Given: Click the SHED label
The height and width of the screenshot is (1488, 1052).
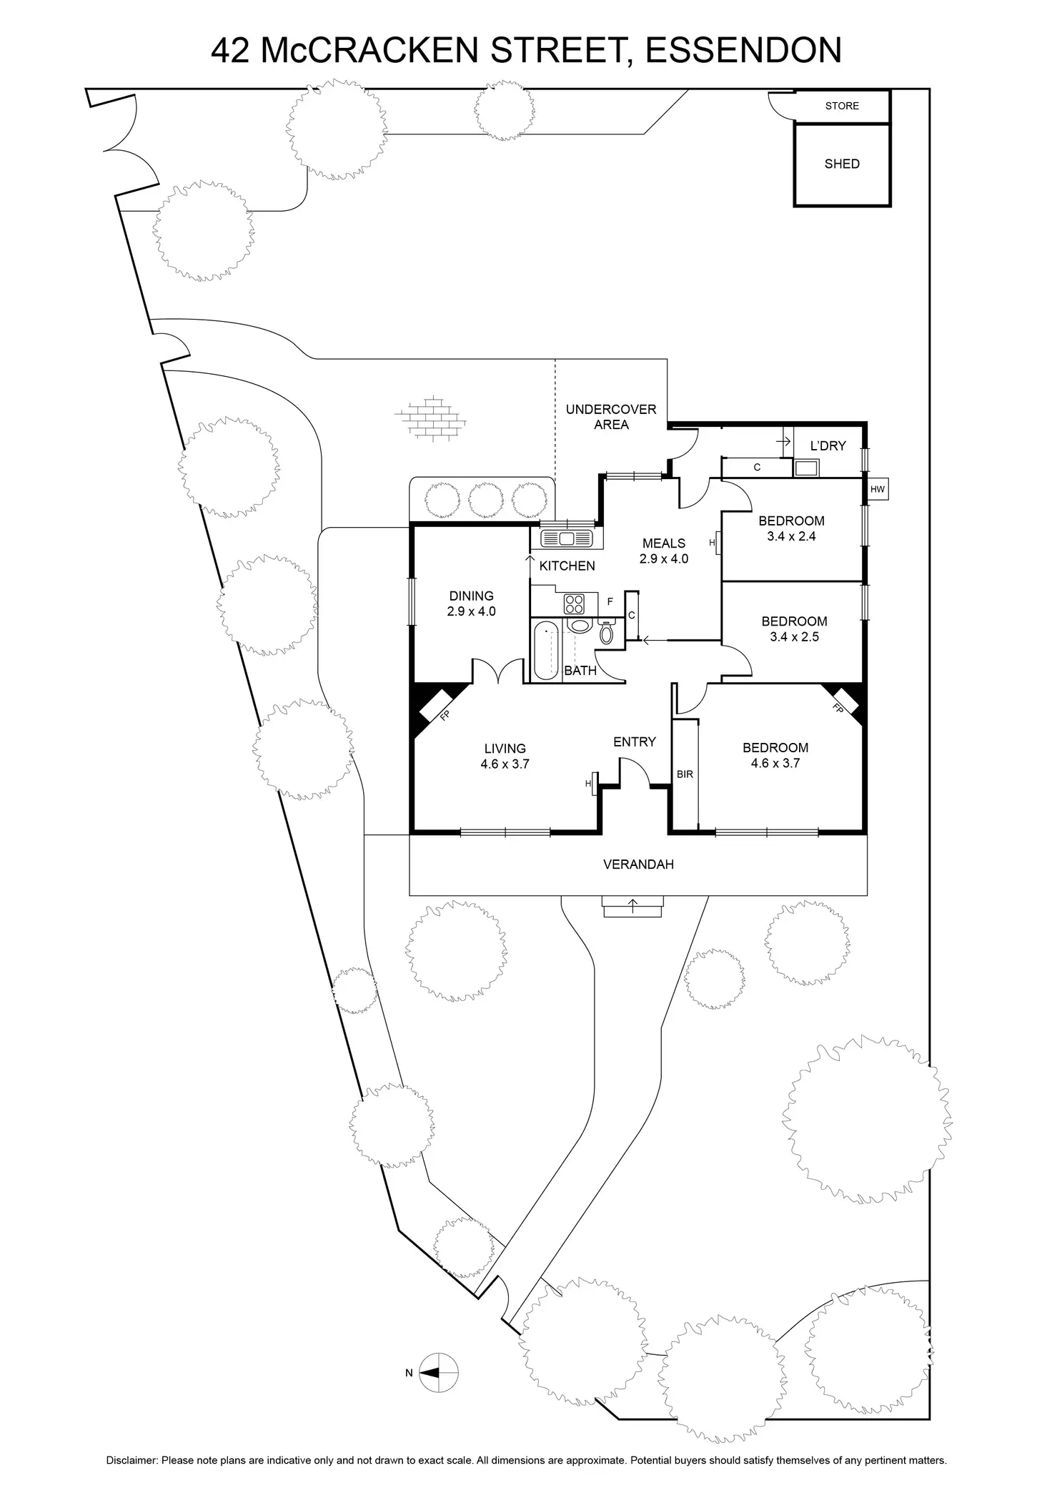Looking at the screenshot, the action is tap(841, 164).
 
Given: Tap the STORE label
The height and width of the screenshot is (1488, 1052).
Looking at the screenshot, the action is tap(841, 106).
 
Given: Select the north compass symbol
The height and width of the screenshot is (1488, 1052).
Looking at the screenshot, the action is tap(437, 1372).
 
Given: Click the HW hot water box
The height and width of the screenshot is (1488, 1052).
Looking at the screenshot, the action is tap(877, 490).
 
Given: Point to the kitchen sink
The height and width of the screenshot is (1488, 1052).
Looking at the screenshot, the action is tap(567, 538).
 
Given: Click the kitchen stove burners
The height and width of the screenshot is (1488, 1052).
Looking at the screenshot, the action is tap(574, 604).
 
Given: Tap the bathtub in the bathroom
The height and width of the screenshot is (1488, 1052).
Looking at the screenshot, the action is tap(546, 651).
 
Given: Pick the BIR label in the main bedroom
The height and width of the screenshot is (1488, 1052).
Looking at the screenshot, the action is tap(685, 774).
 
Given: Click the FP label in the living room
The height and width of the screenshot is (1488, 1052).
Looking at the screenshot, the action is tap(445, 714).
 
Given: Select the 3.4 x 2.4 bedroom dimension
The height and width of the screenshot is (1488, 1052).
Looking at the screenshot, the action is tap(791, 536).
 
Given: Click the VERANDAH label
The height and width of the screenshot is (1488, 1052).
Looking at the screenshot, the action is tap(638, 864).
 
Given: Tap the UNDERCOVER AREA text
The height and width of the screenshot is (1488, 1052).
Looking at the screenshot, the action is tap(610, 417).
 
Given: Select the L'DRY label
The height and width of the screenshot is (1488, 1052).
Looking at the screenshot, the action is tap(828, 445).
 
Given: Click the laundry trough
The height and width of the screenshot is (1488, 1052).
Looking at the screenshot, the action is tap(807, 468).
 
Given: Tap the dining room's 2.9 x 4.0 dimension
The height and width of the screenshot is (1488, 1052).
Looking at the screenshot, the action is tap(471, 611).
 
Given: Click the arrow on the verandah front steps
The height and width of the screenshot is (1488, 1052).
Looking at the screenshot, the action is tap(633, 907).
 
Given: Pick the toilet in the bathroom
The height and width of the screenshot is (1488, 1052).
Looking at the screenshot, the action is tap(607, 632).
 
